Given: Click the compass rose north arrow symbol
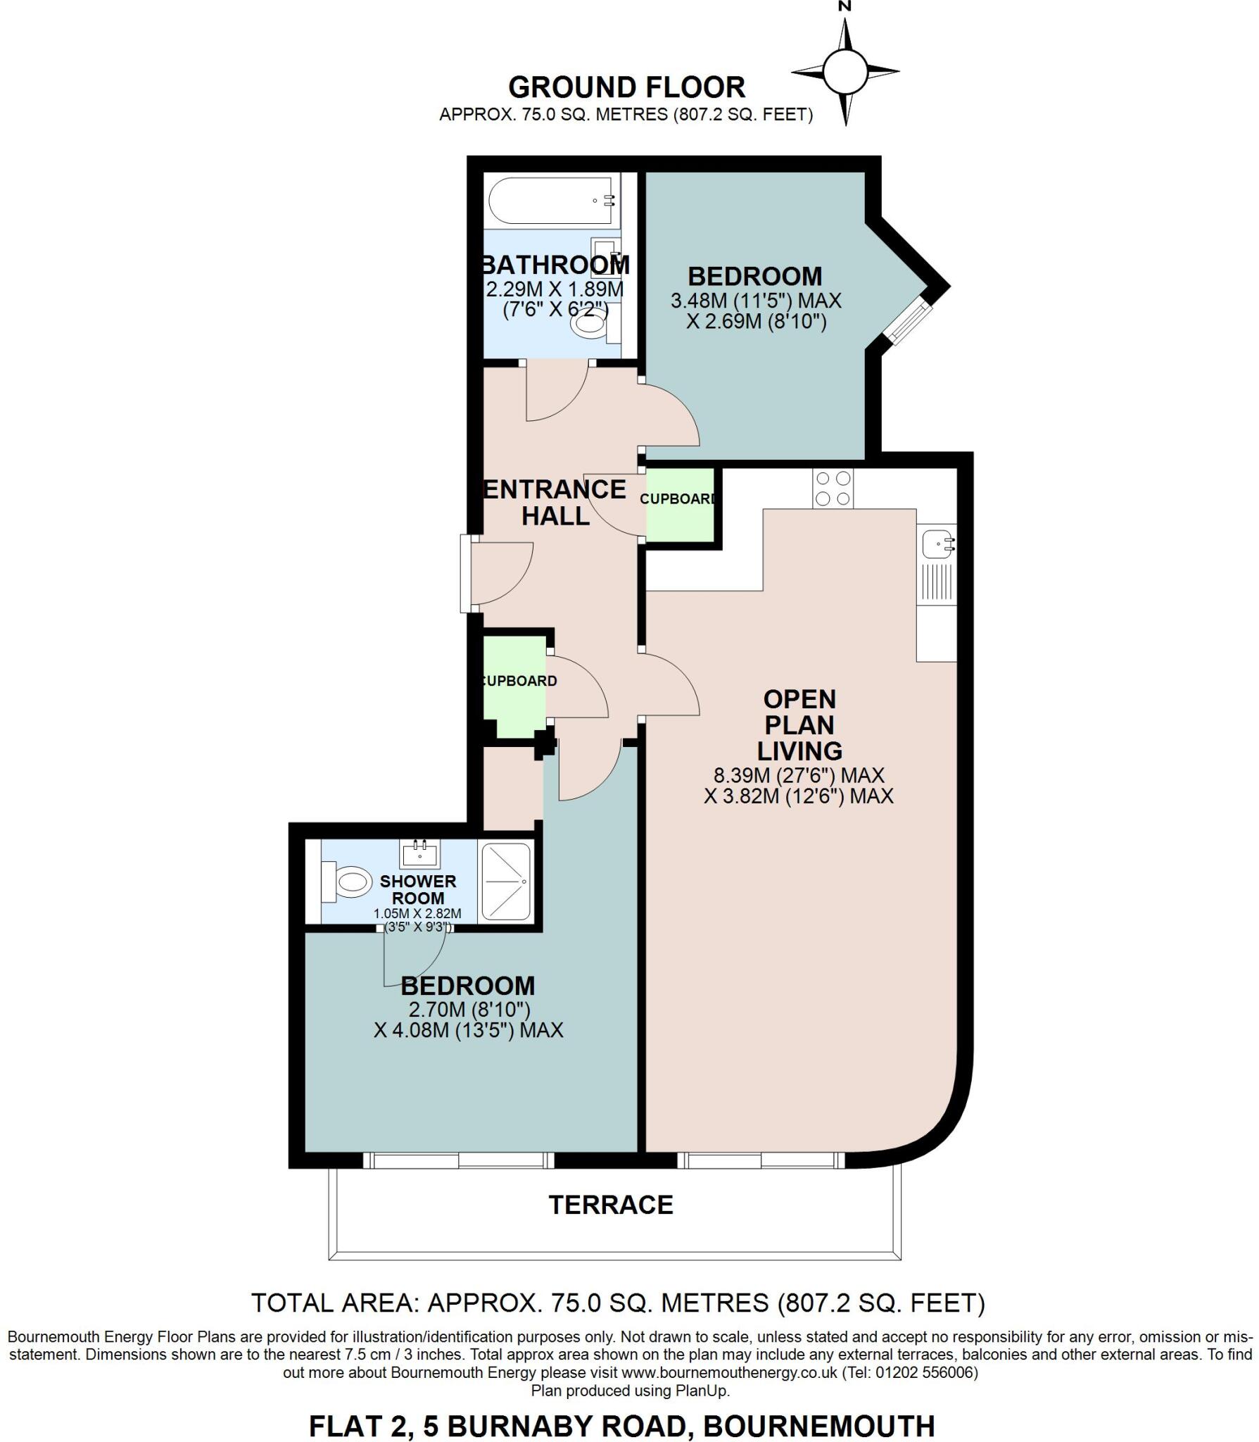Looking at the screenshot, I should point(845,71).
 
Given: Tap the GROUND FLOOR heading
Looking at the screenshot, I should point(626,87).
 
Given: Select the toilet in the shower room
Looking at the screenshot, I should point(348,882).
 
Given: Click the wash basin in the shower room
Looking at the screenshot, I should point(420,854).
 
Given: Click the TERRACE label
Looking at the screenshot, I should point(611,1205).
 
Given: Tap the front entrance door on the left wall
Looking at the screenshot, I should point(467,574).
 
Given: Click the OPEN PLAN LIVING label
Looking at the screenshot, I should point(799,725).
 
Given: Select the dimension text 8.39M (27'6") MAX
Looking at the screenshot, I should point(799,776).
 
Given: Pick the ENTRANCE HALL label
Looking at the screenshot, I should point(555,502).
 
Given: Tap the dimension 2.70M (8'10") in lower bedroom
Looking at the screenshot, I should point(469,1009).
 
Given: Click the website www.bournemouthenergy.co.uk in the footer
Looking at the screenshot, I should point(730,1372).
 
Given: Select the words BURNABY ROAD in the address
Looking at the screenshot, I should point(566,1426).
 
